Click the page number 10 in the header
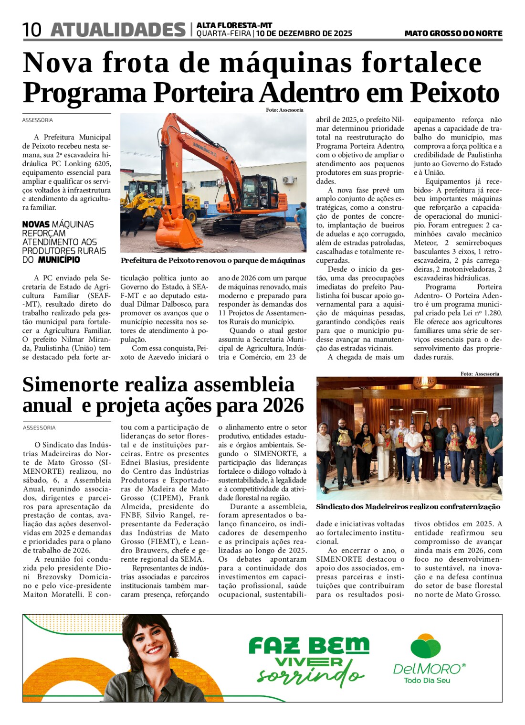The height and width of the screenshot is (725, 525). [x=32, y=30]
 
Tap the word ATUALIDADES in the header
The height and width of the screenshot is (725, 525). [x=118, y=30]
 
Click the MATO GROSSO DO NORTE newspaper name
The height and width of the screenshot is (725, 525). [x=453, y=33]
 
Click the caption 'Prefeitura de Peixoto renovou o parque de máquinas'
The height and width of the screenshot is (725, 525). [x=213, y=260]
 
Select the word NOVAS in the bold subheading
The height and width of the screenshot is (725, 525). [x=36, y=224]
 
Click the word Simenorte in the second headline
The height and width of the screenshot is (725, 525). [x=70, y=384]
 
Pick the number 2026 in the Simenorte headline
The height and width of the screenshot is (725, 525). [x=282, y=405]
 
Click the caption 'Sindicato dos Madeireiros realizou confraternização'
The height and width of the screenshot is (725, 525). [x=408, y=507]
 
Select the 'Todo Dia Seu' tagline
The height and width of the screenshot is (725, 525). [x=427, y=680]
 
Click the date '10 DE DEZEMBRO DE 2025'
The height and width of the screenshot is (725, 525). [x=304, y=33]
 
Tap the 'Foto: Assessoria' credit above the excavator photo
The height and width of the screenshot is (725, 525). [x=284, y=110]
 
